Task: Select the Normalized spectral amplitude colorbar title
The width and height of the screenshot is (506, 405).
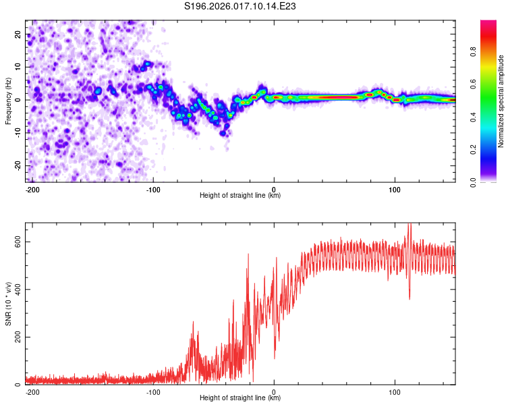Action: tap(501, 101)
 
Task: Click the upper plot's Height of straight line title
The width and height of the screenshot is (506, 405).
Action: tap(240, 196)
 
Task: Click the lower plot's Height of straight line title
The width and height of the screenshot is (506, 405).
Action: tap(240, 398)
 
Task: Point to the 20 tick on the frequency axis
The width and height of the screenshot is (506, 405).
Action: tap(18, 34)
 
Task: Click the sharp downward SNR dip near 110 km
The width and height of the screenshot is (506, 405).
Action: tap(409, 298)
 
